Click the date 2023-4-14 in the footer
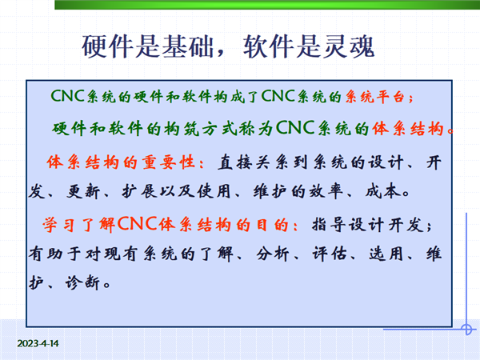tap(38, 343)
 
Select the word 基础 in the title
tap(187, 46)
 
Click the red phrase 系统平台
tap(376, 97)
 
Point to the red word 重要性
tap(168, 162)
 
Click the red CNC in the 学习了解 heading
tap(137, 223)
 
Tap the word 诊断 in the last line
tap(82, 282)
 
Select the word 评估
tap(330, 254)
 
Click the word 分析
tap(273, 254)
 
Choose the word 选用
tap(386, 254)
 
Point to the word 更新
tap(83, 192)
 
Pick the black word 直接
tap(234, 162)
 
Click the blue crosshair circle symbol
tap(466, 330)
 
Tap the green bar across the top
tap(267, 5)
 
